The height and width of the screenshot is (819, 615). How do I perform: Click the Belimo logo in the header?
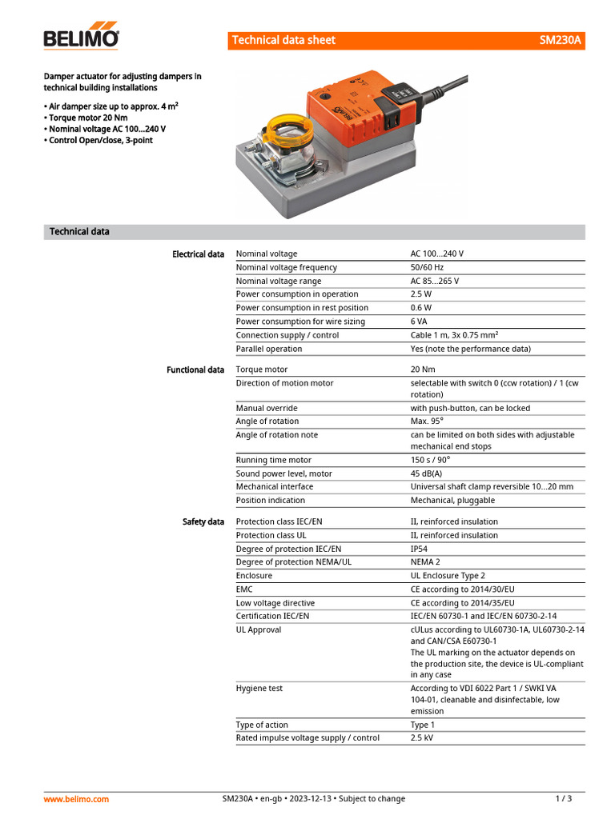coord(81,38)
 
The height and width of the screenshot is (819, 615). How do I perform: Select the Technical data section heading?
coord(79,232)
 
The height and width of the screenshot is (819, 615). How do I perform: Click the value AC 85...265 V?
coord(435,281)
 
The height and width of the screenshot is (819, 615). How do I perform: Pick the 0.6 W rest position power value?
coord(421,308)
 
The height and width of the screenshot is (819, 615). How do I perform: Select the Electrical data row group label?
coord(198,254)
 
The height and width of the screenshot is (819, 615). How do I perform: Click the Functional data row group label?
coord(195,370)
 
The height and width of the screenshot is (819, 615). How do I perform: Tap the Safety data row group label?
coord(203,521)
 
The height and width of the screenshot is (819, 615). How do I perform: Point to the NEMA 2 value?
coord(425,562)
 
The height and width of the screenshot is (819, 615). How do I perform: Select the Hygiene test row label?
coord(259,688)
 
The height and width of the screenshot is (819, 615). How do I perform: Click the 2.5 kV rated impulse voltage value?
coord(422,738)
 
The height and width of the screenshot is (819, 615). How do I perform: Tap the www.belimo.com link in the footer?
coord(76,798)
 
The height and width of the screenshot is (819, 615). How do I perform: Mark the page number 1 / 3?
coord(564,798)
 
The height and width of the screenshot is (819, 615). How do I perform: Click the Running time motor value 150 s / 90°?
coord(430,460)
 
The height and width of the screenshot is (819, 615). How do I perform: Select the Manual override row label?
coord(267,408)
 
